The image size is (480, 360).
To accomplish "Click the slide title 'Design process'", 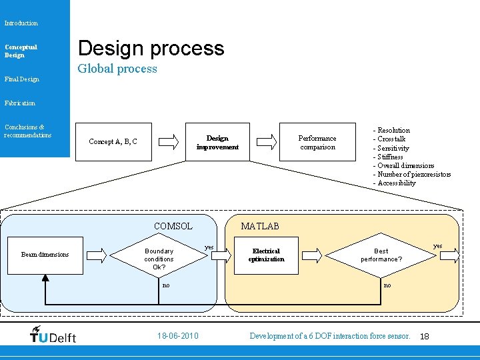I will click(151, 48).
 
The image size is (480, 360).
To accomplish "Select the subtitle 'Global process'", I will click(117, 69).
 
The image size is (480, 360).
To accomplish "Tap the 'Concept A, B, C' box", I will click(113, 141).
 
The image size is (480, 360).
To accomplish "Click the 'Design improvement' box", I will click(217, 142).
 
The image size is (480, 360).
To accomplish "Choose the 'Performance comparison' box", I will click(317, 142).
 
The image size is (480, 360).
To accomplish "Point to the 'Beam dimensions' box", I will click(45, 254).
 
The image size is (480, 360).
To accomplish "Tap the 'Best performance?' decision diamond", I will click(381, 255).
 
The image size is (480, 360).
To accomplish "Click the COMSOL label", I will click(173, 226).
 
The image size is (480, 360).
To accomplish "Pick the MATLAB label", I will click(260, 226).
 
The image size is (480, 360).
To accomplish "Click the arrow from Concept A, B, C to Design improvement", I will click(170, 141).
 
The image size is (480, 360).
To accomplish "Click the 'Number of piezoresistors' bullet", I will click(413, 174).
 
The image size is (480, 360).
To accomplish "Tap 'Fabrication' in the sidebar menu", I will click(20, 103).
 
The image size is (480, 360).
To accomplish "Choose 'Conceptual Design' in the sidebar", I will click(21, 51).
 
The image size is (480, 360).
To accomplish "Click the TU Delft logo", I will click(53, 335).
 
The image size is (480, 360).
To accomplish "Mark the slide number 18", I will click(425, 337).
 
